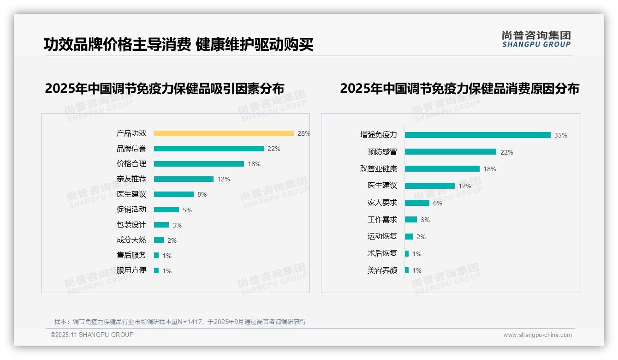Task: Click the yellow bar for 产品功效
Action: click(x=224, y=133)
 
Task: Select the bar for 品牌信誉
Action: click(x=208, y=149)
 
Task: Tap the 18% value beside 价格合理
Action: click(x=254, y=164)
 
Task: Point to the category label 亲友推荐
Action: click(x=131, y=179)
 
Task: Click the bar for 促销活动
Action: click(x=166, y=210)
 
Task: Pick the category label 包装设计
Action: click(x=131, y=225)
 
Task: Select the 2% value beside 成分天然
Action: click(x=172, y=240)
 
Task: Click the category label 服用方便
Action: click(x=131, y=270)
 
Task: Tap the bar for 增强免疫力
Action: click(x=477, y=135)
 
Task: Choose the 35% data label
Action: click(x=560, y=135)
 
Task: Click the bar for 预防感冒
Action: click(x=450, y=152)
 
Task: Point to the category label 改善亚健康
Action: click(x=378, y=169)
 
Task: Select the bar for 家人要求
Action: click(x=417, y=203)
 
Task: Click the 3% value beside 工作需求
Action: click(x=425, y=220)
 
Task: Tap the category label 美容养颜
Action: click(x=382, y=270)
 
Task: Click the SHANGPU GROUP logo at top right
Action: click(x=536, y=39)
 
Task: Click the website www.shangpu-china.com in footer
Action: click(x=537, y=335)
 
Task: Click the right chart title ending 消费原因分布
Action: click(x=459, y=88)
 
